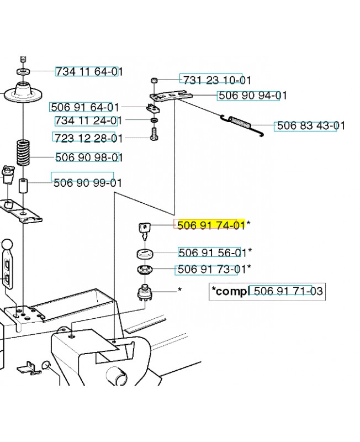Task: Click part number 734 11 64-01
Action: [89, 72]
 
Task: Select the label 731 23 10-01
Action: [217, 80]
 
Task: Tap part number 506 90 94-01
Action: [253, 95]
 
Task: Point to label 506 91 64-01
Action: [85, 107]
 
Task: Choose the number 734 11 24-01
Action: [88, 120]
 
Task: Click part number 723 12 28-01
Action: [88, 138]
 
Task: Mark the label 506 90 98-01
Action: [89, 157]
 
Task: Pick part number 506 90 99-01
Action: [88, 183]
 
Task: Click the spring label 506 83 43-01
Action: [311, 125]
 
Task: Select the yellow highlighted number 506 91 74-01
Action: [211, 225]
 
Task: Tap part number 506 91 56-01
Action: [213, 252]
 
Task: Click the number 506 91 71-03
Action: [288, 291]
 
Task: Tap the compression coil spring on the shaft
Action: [23, 152]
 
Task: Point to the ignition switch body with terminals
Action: [145, 293]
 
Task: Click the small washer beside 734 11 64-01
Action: [24, 71]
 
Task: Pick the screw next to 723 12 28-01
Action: [155, 134]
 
